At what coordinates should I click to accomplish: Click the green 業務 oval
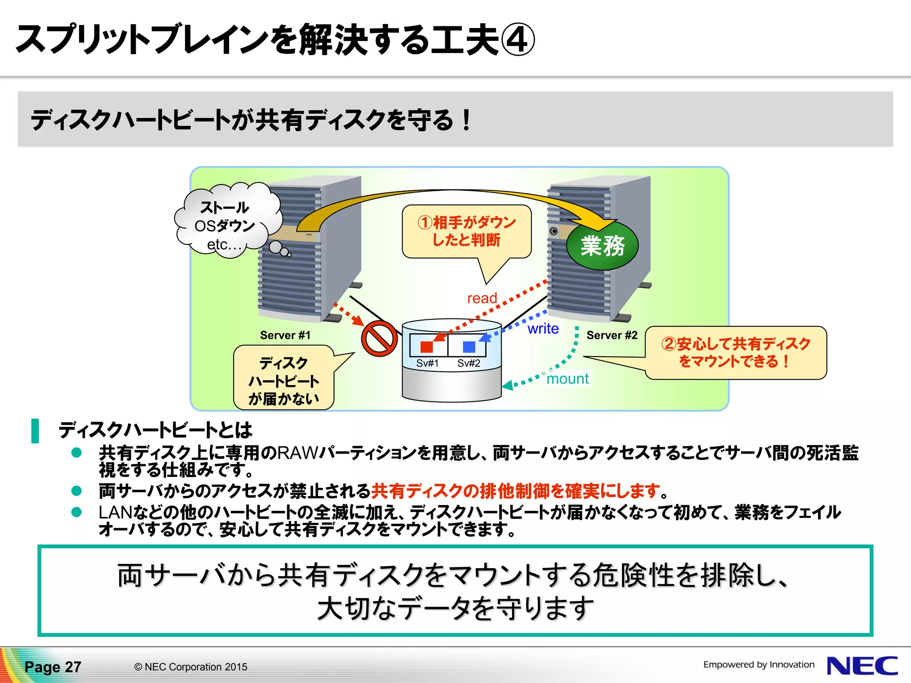(x=602, y=246)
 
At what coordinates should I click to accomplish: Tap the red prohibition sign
(x=379, y=338)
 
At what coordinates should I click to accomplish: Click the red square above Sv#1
(x=427, y=346)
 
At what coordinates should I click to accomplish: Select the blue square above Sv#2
(x=469, y=346)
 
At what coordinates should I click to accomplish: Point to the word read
(x=482, y=298)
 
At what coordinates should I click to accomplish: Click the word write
(x=543, y=329)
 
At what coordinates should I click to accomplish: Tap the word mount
(x=568, y=379)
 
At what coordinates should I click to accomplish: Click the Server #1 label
(x=285, y=335)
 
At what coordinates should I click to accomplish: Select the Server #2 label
(x=612, y=335)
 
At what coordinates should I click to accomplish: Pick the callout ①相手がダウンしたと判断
(x=467, y=231)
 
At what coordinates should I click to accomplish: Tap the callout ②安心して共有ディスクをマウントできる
(x=736, y=353)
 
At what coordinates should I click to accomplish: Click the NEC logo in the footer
(x=863, y=666)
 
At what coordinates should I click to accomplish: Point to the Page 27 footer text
(x=53, y=667)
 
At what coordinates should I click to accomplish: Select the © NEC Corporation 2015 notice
(x=191, y=667)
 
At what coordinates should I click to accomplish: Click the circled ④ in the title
(x=518, y=40)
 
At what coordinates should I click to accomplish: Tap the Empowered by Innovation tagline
(x=758, y=665)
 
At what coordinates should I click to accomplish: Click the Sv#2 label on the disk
(x=469, y=363)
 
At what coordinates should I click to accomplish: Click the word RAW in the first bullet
(x=298, y=453)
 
